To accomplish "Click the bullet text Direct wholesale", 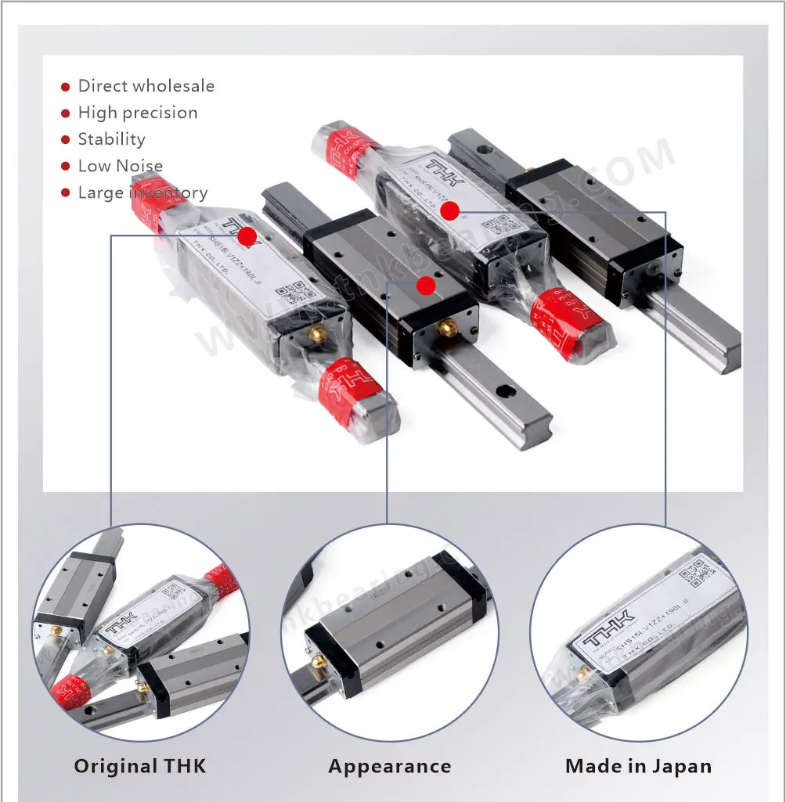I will [x=146, y=86].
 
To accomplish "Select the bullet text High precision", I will [x=138, y=113].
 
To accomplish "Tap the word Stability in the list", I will [x=111, y=139].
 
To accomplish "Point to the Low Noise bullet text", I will [x=120, y=166].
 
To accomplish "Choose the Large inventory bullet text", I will [x=142, y=192].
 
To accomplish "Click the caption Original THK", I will [x=140, y=766].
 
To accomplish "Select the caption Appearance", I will [x=389, y=766].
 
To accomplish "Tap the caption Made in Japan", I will [x=638, y=766].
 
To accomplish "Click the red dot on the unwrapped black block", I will [x=426, y=286].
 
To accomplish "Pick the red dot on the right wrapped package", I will [x=449, y=210].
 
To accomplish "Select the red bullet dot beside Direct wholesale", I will [x=66, y=87].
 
